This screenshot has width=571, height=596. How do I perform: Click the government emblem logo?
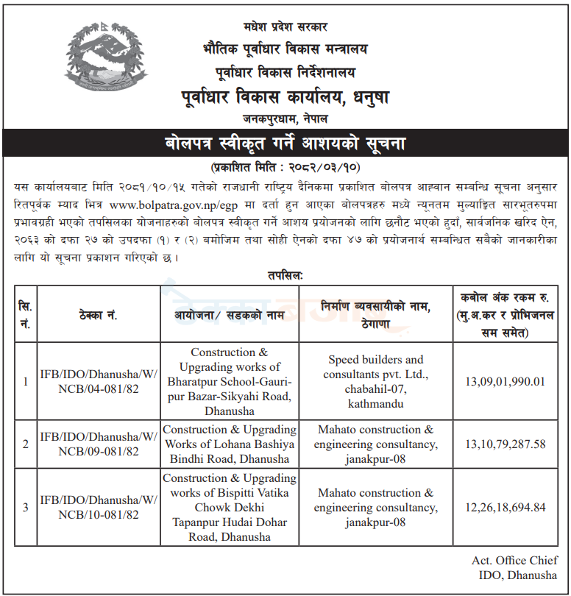pos(104,67)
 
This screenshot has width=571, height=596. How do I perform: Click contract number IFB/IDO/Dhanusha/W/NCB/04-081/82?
pos(98,381)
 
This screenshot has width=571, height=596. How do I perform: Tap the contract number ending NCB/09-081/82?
pos(98,444)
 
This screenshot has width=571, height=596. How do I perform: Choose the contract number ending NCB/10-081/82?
pos(98,507)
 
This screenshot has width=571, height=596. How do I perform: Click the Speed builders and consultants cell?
pos(375,381)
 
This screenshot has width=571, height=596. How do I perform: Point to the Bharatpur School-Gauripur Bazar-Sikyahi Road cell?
pos(230,381)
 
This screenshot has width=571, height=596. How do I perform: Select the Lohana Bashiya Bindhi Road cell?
pos(230,444)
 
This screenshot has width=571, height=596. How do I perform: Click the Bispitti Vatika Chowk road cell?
pos(230,507)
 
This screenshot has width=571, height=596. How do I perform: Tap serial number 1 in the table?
pos(26,381)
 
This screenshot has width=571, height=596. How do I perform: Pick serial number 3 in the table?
pos(26,507)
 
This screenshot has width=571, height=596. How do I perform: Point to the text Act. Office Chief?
pos(514,561)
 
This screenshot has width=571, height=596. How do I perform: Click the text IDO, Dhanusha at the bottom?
pos(514,575)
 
